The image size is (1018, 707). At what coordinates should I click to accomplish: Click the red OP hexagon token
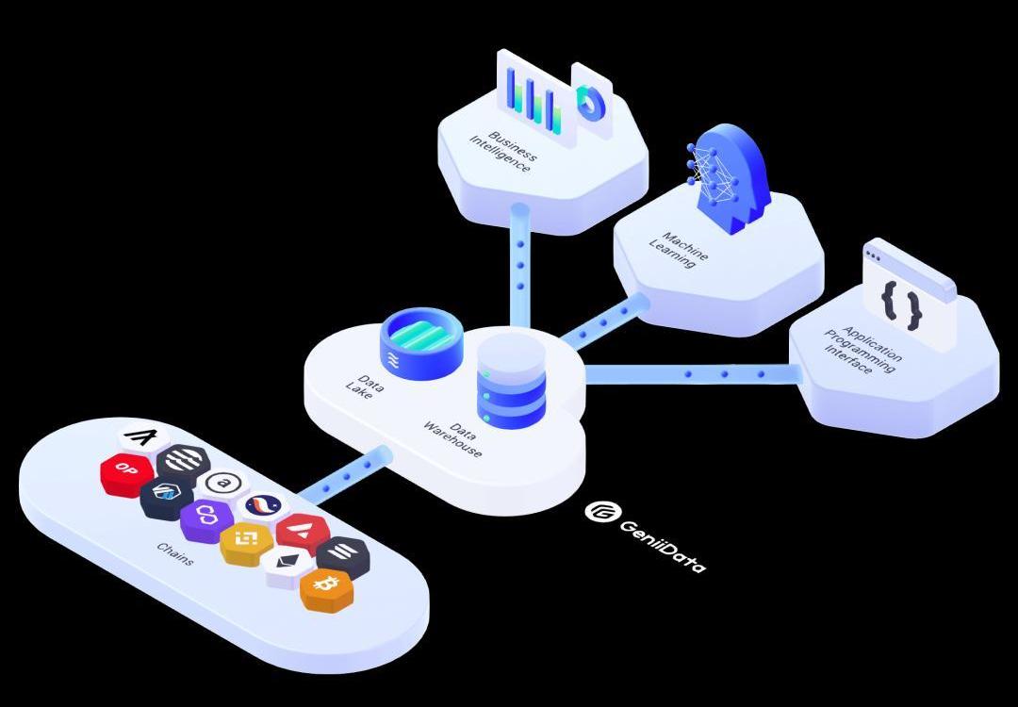[x=126, y=470]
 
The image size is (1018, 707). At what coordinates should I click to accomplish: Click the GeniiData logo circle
[x=599, y=512]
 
